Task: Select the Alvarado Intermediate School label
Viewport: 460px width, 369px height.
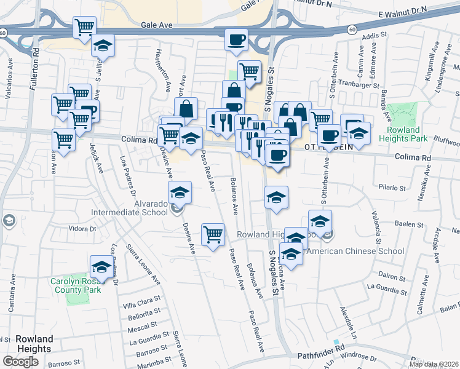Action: tap(129, 208)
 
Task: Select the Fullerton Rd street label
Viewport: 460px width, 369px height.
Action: tap(34, 71)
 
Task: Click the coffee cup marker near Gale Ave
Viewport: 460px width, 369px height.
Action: tap(237, 41)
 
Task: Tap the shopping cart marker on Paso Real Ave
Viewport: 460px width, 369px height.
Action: tap(213, 234)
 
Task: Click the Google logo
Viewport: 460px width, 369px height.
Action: tap(20, 362)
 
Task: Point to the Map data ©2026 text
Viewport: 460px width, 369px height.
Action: tap(434, 364)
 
